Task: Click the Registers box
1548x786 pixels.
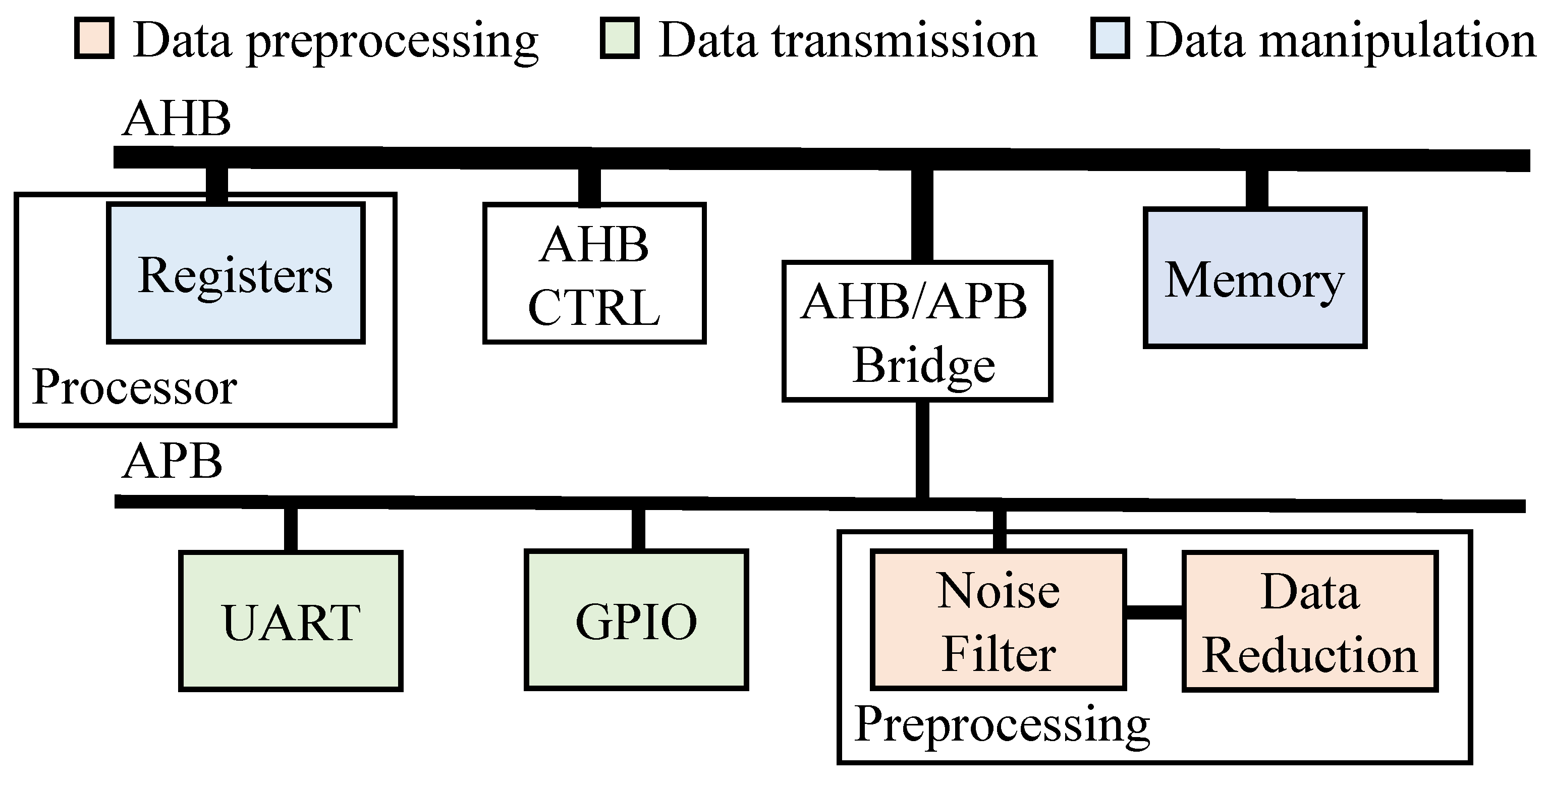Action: point(236,273)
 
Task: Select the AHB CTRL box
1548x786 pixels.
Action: point(594,274)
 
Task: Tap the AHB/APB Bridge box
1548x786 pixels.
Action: point(917,331)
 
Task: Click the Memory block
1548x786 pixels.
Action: point(1255,278)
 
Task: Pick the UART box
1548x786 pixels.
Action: point(291,621)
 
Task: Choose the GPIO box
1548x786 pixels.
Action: point(636,620)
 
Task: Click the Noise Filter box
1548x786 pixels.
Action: point(998,620)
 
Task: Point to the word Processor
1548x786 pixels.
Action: point(134,387)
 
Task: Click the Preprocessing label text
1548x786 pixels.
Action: point(1002,724)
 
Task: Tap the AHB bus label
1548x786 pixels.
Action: point(176,119)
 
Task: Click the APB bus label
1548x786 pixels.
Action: point(173,462)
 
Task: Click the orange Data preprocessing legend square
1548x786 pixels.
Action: point(94,39)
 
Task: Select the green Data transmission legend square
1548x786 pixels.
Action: point(620,39)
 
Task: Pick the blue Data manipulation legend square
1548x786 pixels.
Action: point(1110,39)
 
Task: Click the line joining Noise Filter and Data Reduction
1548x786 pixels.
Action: point(1154,612)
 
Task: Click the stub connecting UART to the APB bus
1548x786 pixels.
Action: point(291,529)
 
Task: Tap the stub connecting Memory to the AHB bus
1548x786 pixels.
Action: point(1256,189)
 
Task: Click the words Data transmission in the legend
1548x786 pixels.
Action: point(848,40)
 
